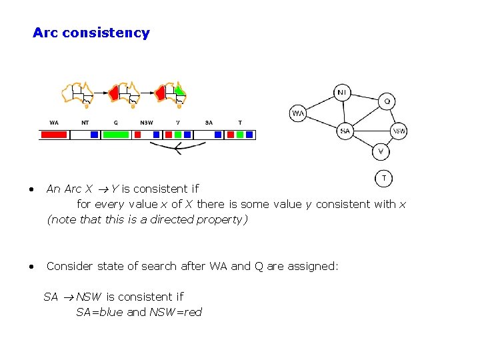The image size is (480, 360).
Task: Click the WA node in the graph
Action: click(x=298, y=113)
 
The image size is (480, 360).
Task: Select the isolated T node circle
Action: click(x=383, y=178)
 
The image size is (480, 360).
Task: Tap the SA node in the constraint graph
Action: click(x=345, y=131)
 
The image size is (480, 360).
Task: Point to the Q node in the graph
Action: click(x=387, y=101)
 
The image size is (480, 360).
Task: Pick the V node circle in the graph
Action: click(x=380, y=152)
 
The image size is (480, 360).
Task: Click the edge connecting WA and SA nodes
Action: click(x=321, y=122)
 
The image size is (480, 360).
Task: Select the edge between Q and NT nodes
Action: click(x=365, y=96)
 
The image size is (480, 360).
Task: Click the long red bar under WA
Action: click(x=54, y=134)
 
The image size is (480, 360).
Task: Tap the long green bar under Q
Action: click(x=116, y=134)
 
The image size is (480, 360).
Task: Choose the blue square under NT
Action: click(x=94, y=134)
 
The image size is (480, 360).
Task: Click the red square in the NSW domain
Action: click(x=138, y=134)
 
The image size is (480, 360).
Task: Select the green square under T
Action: click(x=239, y=134)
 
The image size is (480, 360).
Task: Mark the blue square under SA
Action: click(x=217, y=134)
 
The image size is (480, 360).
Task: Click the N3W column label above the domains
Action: click(x=147, y=123)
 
